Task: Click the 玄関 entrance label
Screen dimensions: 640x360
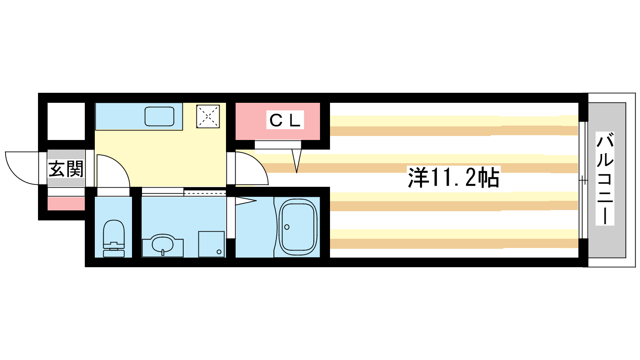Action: pos(66,169)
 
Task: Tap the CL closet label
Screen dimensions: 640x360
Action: pos(285,120)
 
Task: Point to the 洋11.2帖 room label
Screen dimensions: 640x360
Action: pos(454,177)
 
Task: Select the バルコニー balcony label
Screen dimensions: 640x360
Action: pos(605,178)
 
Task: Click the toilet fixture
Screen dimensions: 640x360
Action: pos(114,238)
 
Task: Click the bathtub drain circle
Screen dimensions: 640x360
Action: pos(287,227)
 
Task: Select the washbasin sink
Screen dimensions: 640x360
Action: pos(162,245)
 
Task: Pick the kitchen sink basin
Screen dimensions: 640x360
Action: pos(160,116)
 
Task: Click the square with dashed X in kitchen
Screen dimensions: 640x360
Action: pos(208,116)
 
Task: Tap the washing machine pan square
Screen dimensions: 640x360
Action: pos(212,244)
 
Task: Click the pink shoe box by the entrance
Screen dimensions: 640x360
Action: pos(66,204)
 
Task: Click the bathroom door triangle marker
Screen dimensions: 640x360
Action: pos(246,201)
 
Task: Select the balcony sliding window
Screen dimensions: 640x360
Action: pos(584,180)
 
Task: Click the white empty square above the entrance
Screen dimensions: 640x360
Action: pos(66,121)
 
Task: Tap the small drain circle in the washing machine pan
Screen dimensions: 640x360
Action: pos(219,252)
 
